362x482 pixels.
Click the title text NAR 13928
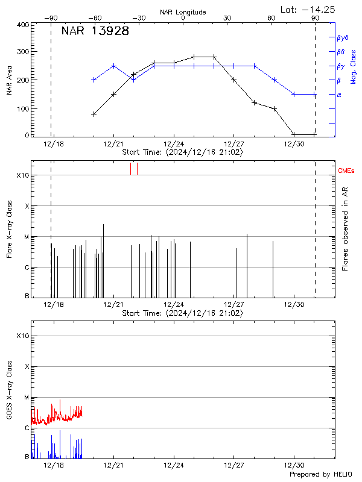point(95,32)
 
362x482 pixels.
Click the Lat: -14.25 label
point(308,9)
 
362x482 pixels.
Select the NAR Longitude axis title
point(183,11)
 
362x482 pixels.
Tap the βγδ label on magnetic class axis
point(343,37)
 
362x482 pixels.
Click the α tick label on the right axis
point(338,95)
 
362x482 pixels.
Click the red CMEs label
point(347,172)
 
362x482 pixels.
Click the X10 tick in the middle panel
point(24,175)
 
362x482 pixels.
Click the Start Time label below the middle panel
point(182,313)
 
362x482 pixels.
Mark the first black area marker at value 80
point(94,113)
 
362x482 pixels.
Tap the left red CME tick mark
point(130,169)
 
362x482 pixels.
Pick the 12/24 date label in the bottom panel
point(174,466)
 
